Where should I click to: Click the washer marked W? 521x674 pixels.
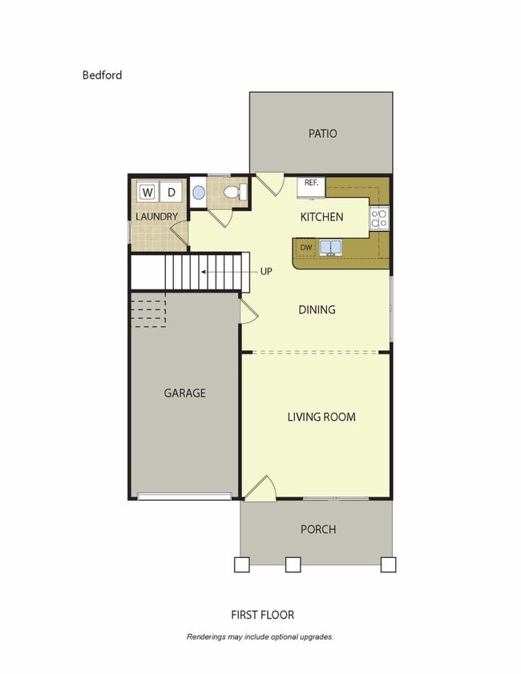(x=147, y=192)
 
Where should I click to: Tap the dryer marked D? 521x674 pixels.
(x=171, y=192)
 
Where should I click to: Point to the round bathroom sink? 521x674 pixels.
(x=199, y=193)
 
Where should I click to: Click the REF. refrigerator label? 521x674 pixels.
(x=311, y=183)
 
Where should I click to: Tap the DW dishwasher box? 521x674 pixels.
(x=306, y=247)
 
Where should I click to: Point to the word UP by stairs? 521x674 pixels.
(x=266, y=272)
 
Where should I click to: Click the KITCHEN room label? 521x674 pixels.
(x=321, y=217)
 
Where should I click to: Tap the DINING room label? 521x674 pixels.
(x=317, y=310)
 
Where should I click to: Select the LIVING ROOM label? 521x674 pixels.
(x=321, y=417)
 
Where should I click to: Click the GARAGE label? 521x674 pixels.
(x=185, y=393)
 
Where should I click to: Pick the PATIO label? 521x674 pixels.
(x=322, y=134)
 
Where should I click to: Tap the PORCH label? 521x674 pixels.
(x=318, y=530)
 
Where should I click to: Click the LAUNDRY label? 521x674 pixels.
(x=156, y=217)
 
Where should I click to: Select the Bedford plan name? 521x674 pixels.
(x=102, y=75)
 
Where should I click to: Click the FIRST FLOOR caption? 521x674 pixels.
(x=262, y=615)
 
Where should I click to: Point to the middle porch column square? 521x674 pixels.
(x=293, y=564)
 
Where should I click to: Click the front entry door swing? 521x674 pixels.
(x=260, y=488)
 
